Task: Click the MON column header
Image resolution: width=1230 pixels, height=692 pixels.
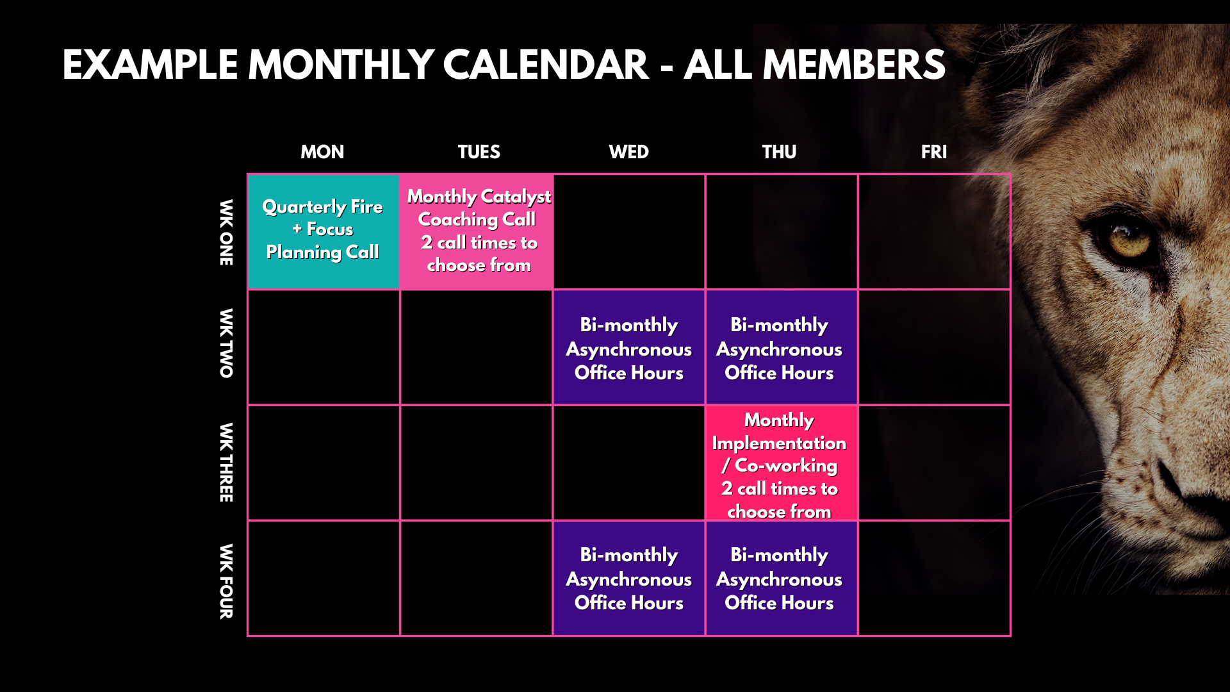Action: (x=322, y=152)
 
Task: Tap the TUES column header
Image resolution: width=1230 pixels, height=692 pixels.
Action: (x=479, y=152)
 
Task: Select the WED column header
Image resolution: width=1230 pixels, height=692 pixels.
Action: (x=628, y=152)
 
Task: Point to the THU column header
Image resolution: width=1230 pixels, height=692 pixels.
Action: (x=779, y=152)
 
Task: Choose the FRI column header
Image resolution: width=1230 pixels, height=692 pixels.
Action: (x=933, y=152)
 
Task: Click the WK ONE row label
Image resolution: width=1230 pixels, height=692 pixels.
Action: (x=226, y=232)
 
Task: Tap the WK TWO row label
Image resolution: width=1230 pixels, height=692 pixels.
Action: (x=226, y=343)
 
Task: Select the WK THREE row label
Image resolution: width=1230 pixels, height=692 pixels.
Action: (x=226, y=462)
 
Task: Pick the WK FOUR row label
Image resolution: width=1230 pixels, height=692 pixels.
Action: (x=226, y=581)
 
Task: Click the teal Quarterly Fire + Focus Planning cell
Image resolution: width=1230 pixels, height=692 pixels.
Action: (x=324, y=231)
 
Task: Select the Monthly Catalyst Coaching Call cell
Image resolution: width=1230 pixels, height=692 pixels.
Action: (x=477, y=231)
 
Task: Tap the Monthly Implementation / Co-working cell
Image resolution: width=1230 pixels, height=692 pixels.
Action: (x=782, y=463)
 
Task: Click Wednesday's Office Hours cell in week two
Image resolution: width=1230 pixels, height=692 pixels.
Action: (x=629, y=347)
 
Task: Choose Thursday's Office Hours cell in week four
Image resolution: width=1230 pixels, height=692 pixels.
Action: (x=782, y=578)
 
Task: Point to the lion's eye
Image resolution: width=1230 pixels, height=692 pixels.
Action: (x=1129, y=242)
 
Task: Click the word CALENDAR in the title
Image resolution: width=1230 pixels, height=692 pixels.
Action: (x=546, y=65)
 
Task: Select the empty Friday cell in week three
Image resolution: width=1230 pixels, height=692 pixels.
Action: (x=934, y=463)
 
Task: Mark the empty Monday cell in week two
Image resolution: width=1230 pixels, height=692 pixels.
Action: (x=324, y=347)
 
